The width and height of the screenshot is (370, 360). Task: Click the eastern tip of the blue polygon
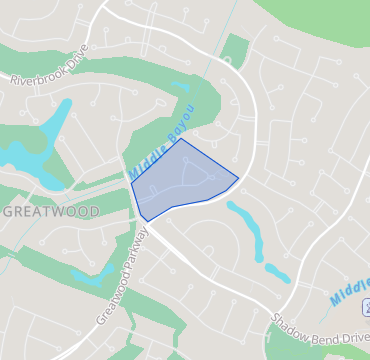click(238, 180)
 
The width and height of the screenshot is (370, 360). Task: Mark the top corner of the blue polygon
click(182, 139)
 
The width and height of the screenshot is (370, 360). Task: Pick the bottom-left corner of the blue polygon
click(146, 220)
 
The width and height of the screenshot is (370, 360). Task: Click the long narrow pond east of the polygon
click(247, 226)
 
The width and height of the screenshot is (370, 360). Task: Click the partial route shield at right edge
click(366, 304)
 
